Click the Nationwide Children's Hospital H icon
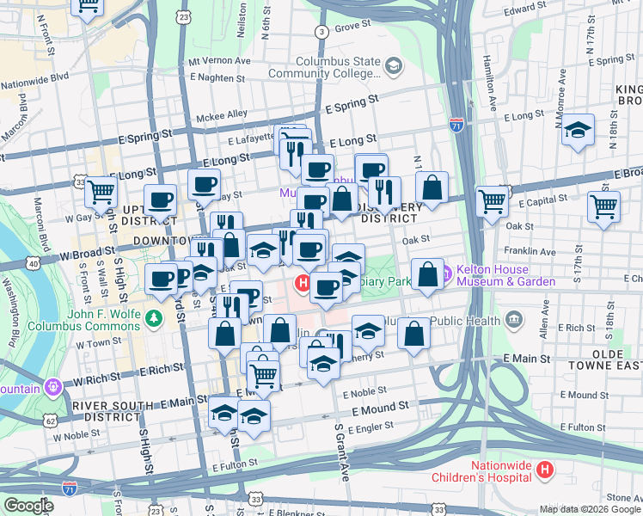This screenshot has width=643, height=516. tap(544, 470)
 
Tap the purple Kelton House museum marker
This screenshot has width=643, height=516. tap(444, 274)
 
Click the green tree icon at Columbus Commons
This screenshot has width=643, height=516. tap(154, 318)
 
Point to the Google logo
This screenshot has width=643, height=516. tap(28, 506)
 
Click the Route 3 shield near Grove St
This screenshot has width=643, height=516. tap(321, 32)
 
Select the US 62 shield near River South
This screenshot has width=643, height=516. tap(51, 421)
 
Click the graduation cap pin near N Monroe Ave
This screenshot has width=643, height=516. tap(579, 131)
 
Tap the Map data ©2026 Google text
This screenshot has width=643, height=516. tap(589, 509)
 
